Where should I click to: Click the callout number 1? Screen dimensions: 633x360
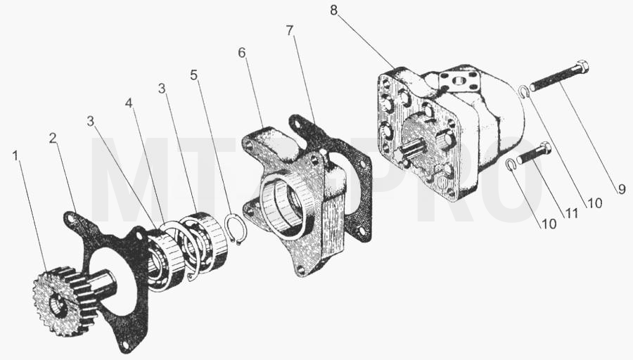point(15,156)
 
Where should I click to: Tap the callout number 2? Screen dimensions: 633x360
point(53,139)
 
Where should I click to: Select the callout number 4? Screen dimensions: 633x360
point(129,103)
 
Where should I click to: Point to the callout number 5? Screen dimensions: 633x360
point(194,75)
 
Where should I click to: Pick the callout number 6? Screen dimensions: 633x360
point(242,53)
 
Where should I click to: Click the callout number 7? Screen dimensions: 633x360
point(290,30)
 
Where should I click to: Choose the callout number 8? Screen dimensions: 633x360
point(333,10)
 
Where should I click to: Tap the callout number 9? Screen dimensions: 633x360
point(621,189)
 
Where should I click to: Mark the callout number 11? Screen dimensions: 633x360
point(571,213)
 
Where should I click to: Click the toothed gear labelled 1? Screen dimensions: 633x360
point(65,297)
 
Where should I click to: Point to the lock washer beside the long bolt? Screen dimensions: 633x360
point(523,92)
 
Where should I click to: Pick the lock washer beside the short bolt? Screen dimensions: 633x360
point(511,164)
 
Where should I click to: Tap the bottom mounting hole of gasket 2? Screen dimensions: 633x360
point(126,345)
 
